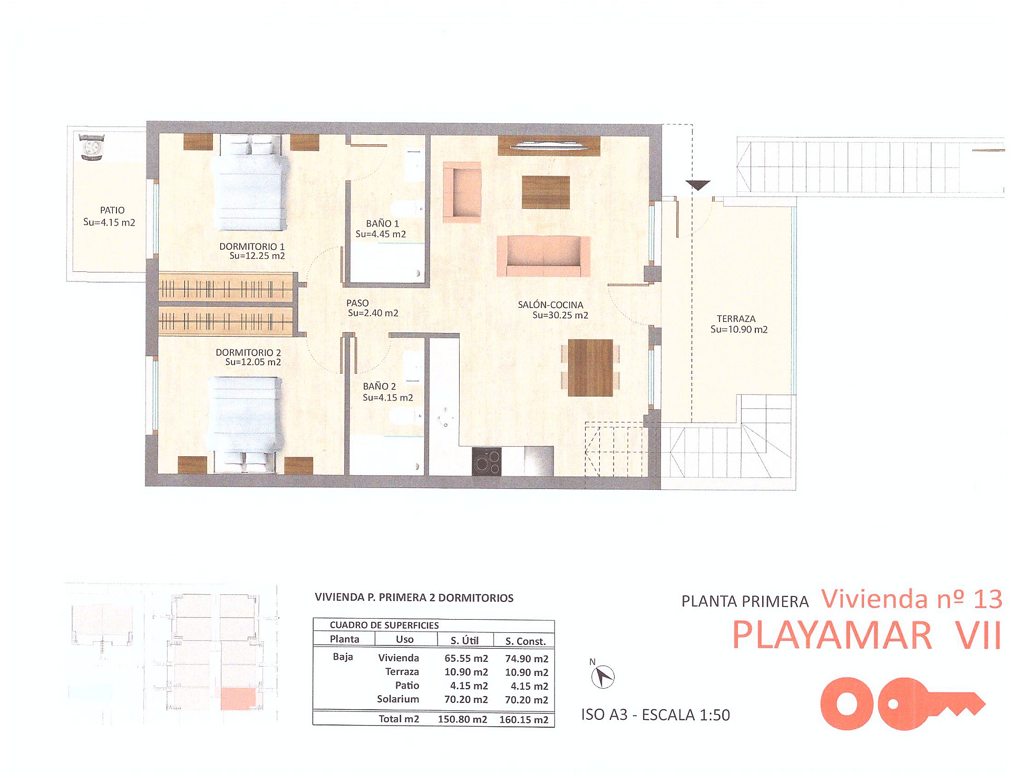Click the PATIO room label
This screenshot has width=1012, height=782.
(x=112, y=210)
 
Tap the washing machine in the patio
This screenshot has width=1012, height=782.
(x=91, y=147)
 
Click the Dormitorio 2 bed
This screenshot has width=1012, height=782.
(x=245, y=422)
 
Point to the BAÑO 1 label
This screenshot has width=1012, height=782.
(x=382, y=223)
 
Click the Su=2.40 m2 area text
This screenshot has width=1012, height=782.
(x=373, y=313)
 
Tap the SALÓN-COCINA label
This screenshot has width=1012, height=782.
(x=550, y=305)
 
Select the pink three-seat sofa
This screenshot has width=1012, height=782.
(x=543, y=256)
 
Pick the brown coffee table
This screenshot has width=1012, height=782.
(x=546, y=192)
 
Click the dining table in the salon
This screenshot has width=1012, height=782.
(x=590, y=367)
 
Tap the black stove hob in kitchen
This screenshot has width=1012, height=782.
(x=486, y=461)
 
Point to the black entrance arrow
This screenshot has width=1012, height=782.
(x=698, y=185)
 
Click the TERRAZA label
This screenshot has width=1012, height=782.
(x=736, y=319)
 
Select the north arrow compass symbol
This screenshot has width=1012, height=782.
(x=603, y=677)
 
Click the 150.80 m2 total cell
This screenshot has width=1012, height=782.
(x=462, y=720)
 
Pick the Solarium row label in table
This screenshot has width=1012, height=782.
(x=398, y=699)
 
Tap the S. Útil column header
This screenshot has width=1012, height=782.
(x=464, y=641)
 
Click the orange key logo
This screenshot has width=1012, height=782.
(x=901, y=703)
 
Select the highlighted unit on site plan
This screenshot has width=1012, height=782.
(x=238, y=698)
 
